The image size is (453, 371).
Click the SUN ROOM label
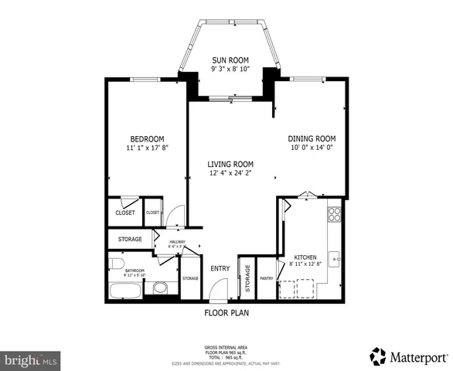[x=230, y=59]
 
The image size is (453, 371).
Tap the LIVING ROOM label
[x=230, y=164]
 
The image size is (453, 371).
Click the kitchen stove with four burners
[x=334, y=216]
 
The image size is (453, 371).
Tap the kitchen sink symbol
[x=335, y=257]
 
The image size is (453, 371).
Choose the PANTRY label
[x=267, y=278]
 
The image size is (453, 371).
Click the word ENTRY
[x=220, y=269]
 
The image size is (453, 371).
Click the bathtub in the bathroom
[x=127, y=291]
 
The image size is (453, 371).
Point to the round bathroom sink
[x=161, y=288]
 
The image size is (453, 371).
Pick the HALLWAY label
[x=172, y=243]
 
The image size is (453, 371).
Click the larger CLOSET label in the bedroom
[x=124, y=213]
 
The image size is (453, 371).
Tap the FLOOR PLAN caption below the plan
[x=226, y=314]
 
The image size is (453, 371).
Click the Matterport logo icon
[x=378, y=356]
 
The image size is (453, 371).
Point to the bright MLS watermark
[x=31, y=360]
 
